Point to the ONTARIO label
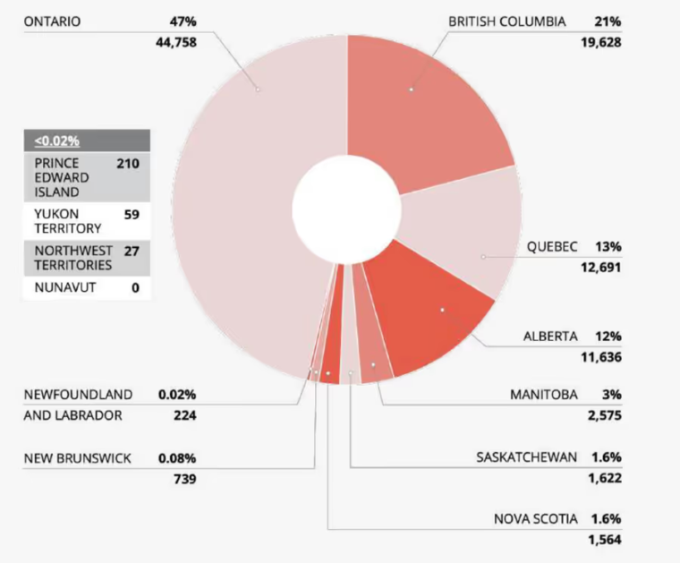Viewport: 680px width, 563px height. tap(52, 21)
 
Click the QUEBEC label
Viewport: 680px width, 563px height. tap(552, 246)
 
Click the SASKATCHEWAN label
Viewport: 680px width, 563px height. tap(527, 456)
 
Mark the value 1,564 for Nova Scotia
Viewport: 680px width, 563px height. tap(604, 540)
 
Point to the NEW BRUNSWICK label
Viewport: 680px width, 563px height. tap(77, 458)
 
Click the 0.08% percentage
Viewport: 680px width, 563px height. tap(177, 458)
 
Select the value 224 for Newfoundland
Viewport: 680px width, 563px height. tap(184, 415)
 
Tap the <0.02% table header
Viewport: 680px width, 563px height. tap(57, 141)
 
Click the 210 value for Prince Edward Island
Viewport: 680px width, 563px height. tap(127, 164)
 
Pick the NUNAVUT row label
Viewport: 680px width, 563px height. tap(64, 288)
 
